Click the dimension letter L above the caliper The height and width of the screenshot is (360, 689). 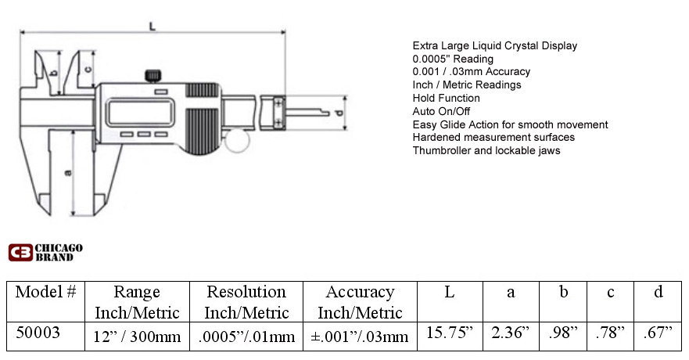tap(152, 27)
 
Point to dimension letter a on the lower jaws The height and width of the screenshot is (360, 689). tap(68, 173)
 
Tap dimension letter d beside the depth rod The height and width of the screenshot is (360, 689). tap(339, 113)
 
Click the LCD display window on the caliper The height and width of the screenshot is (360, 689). tap(140, 112)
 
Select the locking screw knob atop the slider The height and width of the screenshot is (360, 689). tap(153, 76)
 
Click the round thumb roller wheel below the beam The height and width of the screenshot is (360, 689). tap(237, 141)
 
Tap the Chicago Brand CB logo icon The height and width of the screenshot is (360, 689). tap(20, 252)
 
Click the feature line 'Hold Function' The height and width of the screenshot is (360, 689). tap(446, 98)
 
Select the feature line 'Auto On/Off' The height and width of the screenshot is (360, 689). tap(441, 111)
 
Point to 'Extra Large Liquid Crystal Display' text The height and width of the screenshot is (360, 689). tap(495, 45)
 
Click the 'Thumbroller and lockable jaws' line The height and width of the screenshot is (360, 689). tap(486, 151)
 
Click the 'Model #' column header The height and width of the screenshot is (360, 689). tap(45, 292)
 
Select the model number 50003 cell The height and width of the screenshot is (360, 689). tap(38, 333)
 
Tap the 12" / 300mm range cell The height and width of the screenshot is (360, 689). tap(137, 337)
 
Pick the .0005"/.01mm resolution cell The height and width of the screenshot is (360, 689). tap(246, 337)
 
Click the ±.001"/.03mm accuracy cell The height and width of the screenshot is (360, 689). tap(360, 337)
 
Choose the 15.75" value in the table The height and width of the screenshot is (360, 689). tap(450, 333)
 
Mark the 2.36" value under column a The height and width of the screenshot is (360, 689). tap(511, 333)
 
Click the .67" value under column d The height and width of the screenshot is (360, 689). tap(658, 333)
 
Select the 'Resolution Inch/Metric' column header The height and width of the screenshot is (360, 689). tap(246, 302)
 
